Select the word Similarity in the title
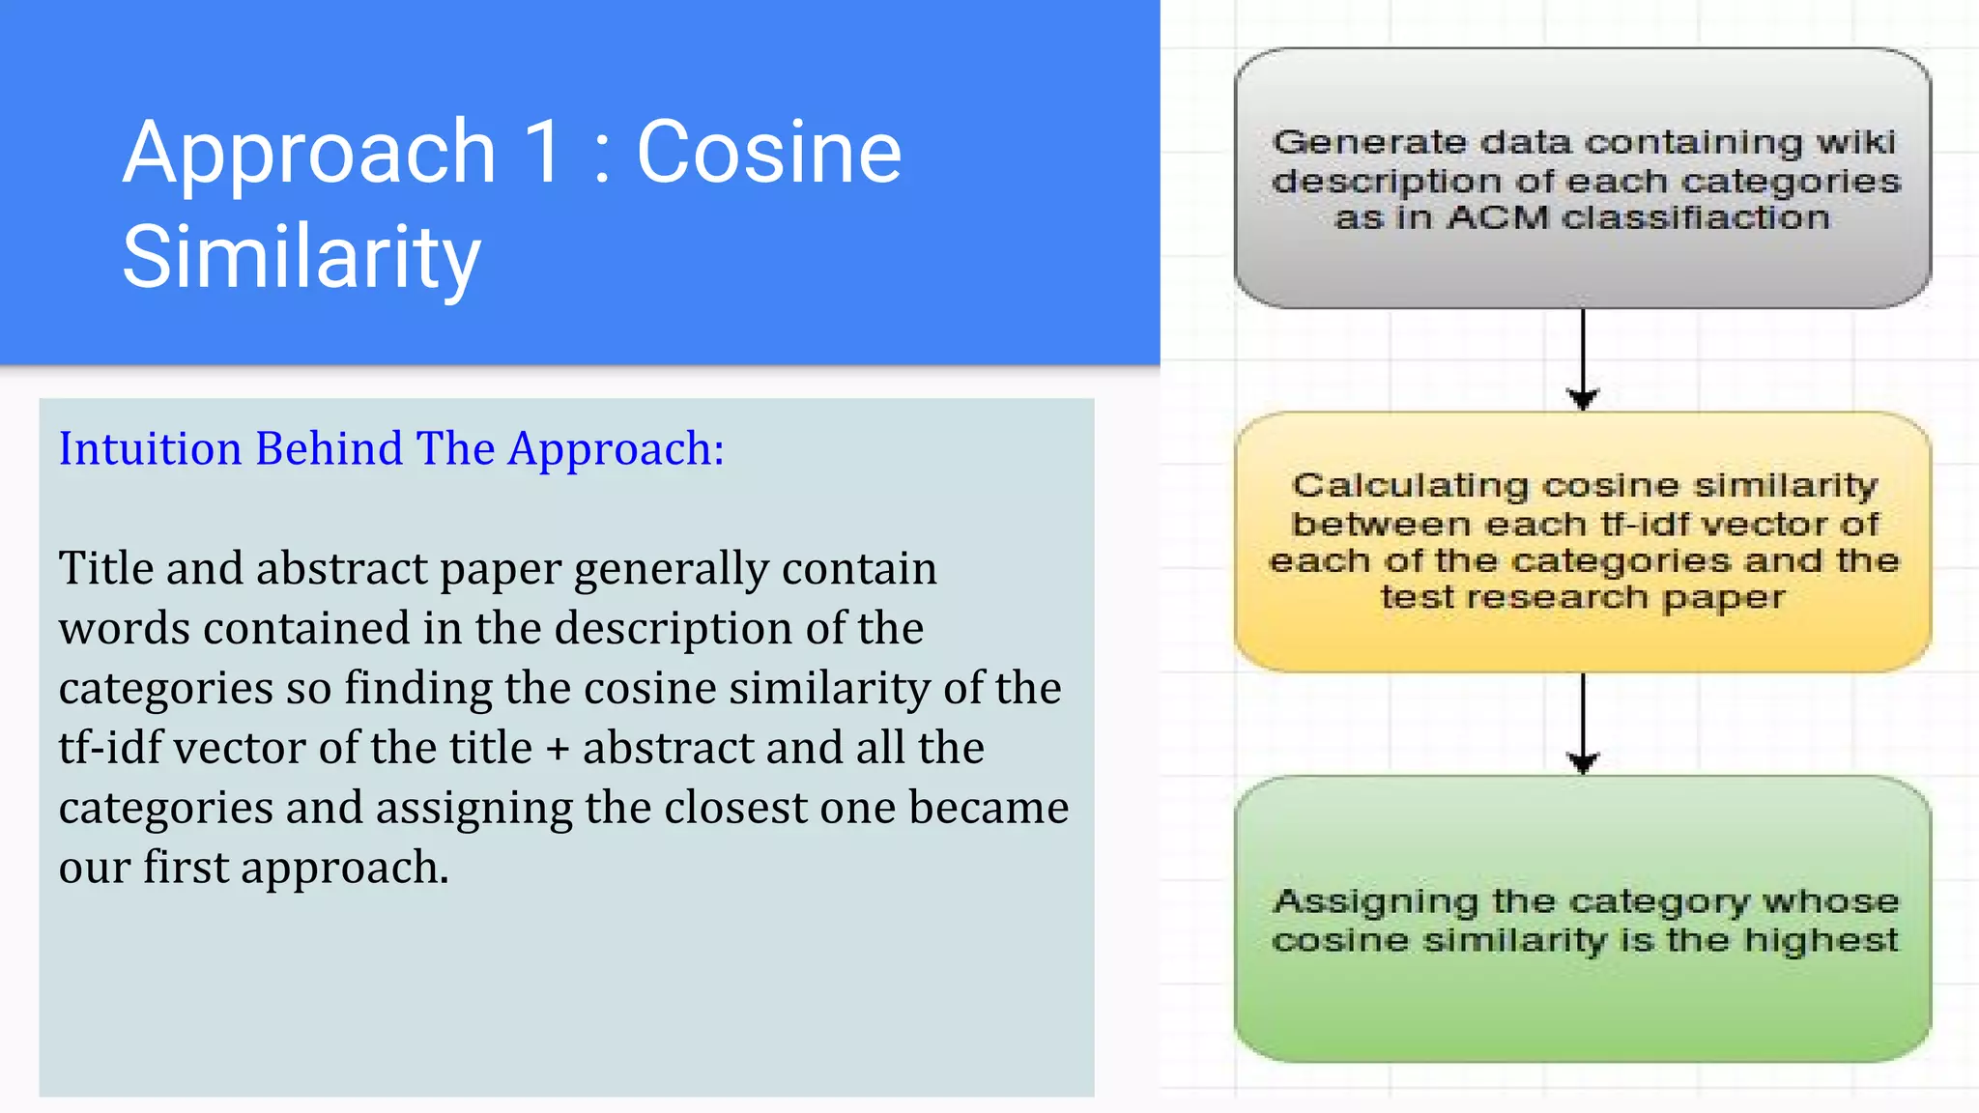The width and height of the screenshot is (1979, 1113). [301, 257]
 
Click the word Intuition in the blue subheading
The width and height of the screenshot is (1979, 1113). [150, 449]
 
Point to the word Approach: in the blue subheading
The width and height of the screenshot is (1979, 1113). [617, 449]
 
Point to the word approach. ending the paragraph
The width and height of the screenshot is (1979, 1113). [345, 869]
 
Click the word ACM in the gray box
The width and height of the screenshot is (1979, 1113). [1498, 218]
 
